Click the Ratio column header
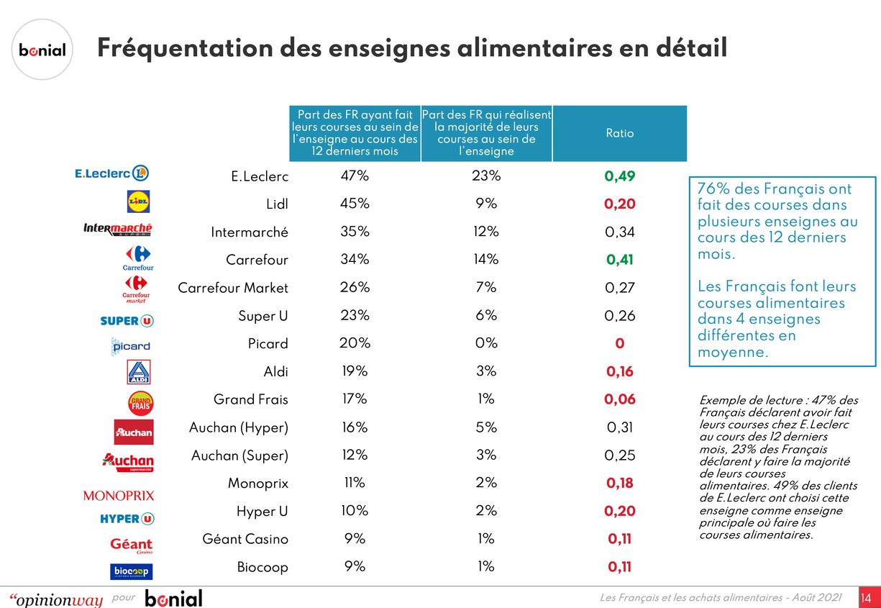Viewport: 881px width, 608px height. click(619, 133)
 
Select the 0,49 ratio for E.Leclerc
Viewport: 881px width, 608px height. click(619, 176)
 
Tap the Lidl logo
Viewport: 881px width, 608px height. click(138, 202)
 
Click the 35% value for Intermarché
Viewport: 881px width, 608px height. click(355, 232)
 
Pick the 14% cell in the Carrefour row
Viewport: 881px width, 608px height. click(486, 260)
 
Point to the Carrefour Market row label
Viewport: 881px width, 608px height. click(233, 288)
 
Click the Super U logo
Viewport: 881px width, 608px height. click(127, 320)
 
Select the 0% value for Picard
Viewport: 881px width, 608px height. click(486, 343)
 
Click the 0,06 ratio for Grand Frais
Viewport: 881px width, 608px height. click(619, 399)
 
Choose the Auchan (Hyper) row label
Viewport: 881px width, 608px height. click(239, 427)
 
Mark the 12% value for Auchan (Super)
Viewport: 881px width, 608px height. click(355, 455)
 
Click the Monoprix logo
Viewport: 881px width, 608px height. click(119, 496)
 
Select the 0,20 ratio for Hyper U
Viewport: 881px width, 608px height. click(619, 511)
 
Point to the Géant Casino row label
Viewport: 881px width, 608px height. click(245, 539)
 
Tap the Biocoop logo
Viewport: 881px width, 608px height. click(131, 571)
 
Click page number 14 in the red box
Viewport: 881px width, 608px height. click(866, 598)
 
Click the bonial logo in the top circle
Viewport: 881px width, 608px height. click(42, 50)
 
